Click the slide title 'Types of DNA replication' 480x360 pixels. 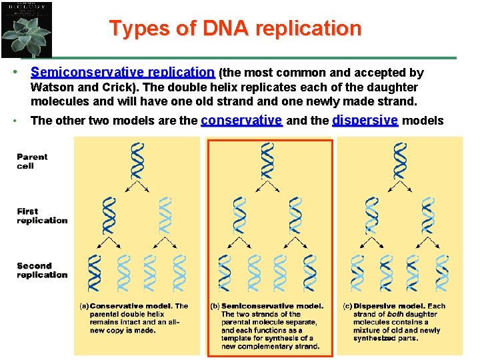[x=235, y=29]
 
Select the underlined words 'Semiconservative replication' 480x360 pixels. [x=123, y=72]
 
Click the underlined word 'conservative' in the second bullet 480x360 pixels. [x=241, y=120]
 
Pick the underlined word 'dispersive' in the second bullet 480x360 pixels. [x=365, y=120]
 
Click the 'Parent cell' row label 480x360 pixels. [x=33, y=161]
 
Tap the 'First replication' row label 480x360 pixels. [x=42, y=216]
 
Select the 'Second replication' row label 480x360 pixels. [x=42, y=270]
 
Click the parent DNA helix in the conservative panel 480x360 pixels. [x=137, y=161]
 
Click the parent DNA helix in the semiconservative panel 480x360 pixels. [x=268, y=161]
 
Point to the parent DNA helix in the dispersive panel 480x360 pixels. [x=400, y=161]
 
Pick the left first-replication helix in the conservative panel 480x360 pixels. [x=109, y=215]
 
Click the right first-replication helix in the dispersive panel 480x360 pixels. [x=429, y=215]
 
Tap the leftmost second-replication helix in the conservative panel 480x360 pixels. [x=94, y=273]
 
